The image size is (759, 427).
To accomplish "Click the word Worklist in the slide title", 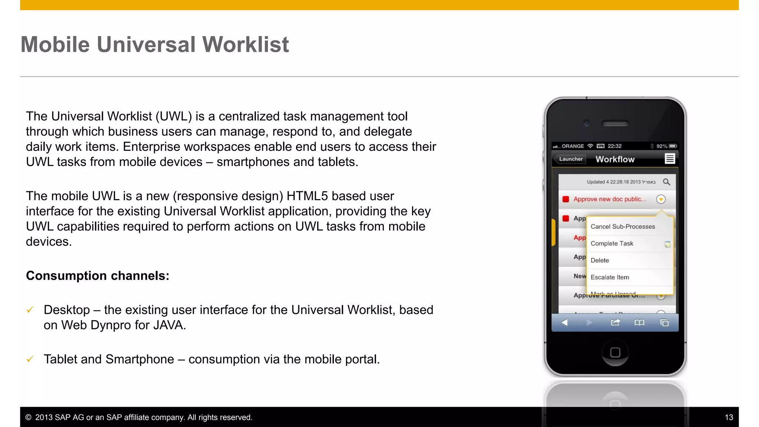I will (245, 45).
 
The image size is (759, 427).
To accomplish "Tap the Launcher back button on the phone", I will (570, 159).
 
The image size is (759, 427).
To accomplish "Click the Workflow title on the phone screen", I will (615, 159).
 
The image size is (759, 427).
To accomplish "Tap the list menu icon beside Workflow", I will (669, 159).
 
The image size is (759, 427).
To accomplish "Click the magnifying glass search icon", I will (666, 182).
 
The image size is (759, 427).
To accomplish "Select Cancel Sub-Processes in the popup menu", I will (623, 226).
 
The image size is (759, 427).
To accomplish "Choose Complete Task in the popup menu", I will (612, 244).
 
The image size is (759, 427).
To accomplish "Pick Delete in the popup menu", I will (600, 260).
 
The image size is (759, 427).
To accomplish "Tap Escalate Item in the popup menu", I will (610, 277).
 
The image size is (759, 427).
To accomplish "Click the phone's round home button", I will (615, 352).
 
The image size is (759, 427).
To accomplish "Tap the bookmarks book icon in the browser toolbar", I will (639, 322).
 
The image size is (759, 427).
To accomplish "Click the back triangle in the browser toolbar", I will (564, 322).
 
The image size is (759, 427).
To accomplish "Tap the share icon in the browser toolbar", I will (615, 322).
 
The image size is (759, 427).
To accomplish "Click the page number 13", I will (729, 417).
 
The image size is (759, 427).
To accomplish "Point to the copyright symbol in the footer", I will (28, 417).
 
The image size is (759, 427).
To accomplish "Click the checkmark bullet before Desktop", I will (30, 310).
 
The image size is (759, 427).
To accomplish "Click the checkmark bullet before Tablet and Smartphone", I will (30, 359).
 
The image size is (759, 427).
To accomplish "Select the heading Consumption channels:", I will (97, 276).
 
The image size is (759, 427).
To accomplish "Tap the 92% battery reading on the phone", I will (662, 146).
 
